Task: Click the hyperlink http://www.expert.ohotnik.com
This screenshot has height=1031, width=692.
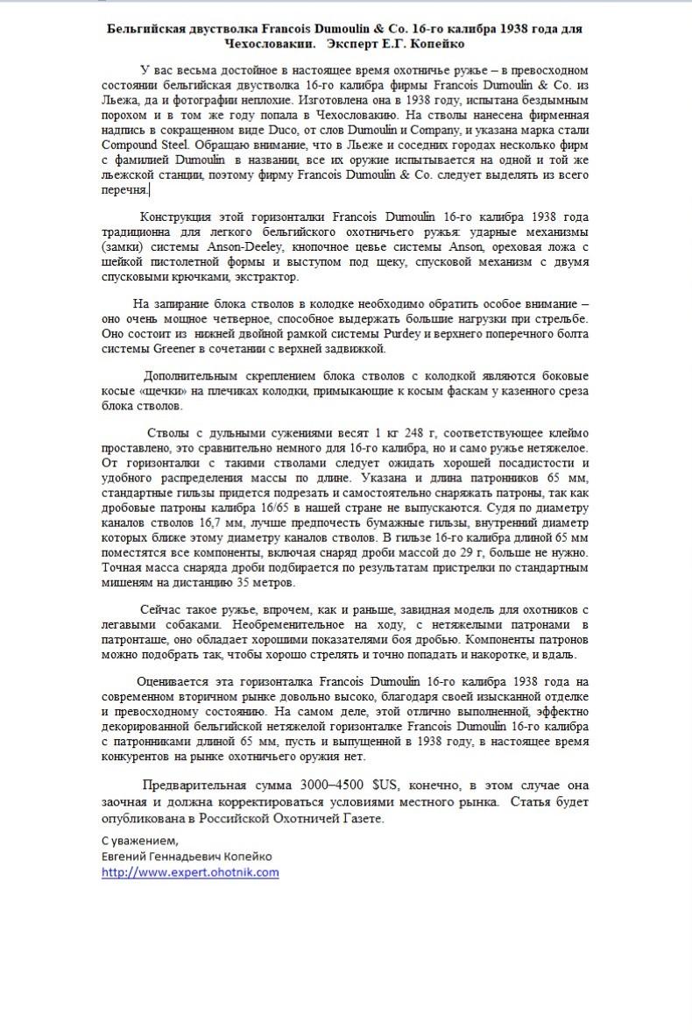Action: pyautogui.click(x=190, y=872)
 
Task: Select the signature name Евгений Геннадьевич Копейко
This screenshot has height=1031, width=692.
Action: pyautogui.click(x=187, y=856)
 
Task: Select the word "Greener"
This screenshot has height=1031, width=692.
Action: pyautogui.click(x=176, y=349)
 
